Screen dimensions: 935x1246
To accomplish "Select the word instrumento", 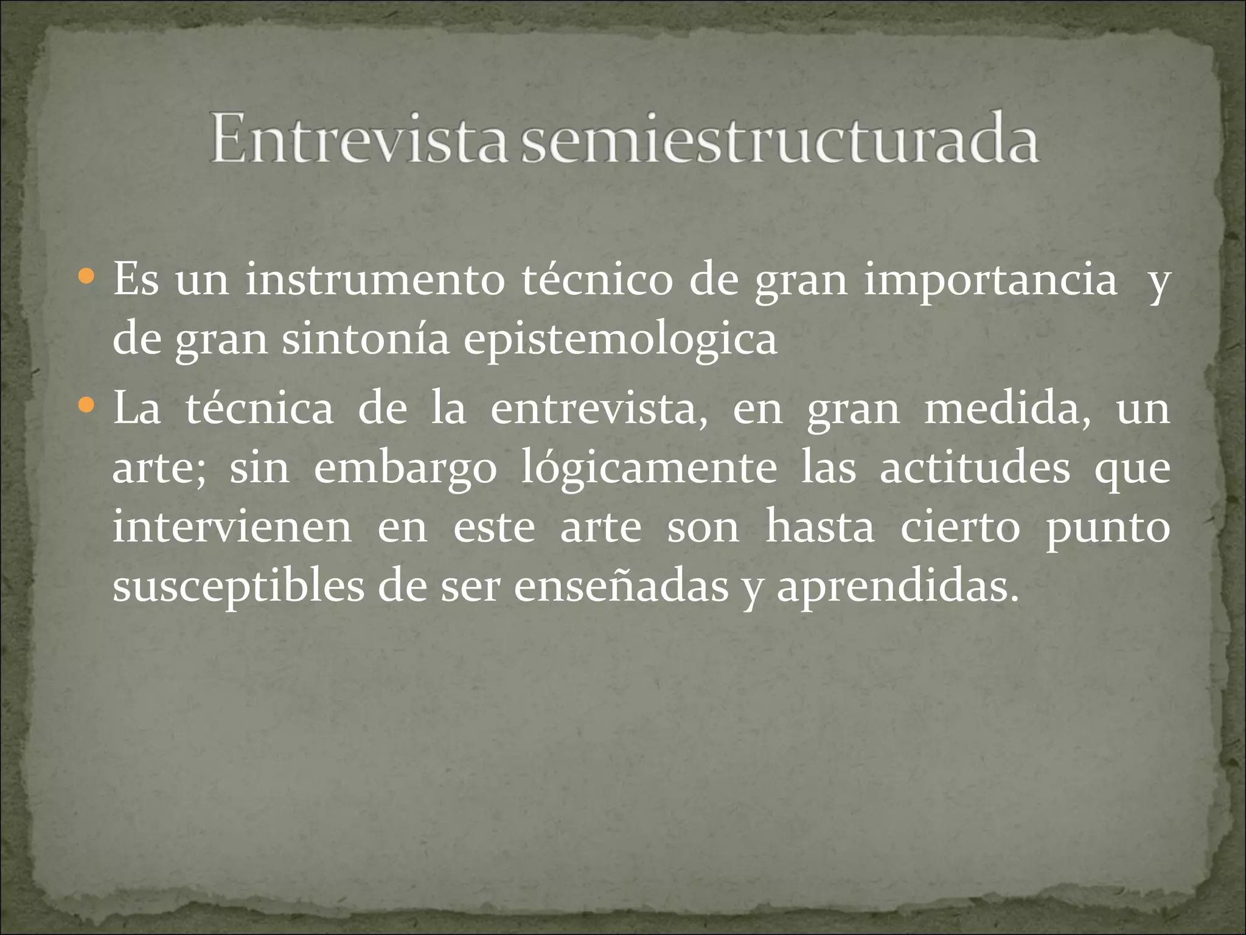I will [375, 281].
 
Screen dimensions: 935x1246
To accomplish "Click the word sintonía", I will [365, 340].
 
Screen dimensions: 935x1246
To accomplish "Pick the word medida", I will [1008, 408].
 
